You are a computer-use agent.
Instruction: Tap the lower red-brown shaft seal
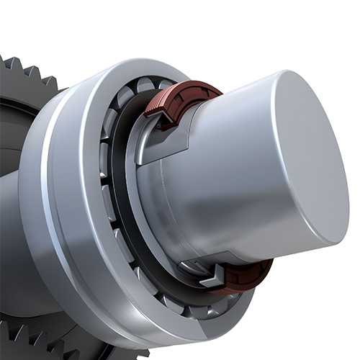pos(248,276)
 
